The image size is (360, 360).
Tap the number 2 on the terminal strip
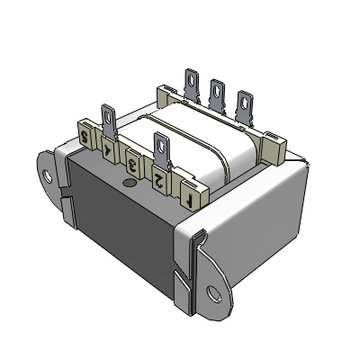tap(159, 177)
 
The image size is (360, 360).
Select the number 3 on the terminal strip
tap(133, 163)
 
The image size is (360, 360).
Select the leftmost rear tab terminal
tap(192, 85)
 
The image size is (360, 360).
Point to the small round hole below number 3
tap(128, 184)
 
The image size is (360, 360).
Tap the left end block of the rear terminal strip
tap(167, 93)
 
